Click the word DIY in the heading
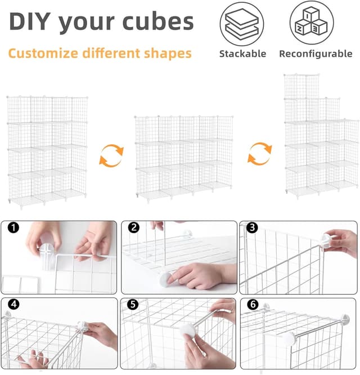[x=30, y=21]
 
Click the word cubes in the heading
[x=158, y=21]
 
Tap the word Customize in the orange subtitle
[x=43, y=53]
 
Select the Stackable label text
[x=242, y=54]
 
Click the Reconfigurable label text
[x=316, y=54]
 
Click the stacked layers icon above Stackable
[x=242, y=24]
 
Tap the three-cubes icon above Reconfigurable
[x=311, y=23]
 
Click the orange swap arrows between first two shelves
[x=111, y=155]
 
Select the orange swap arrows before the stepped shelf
[x=260, y=154]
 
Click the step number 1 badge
[x=13, y=227]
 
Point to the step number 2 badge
[x=133, y=227]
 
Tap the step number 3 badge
[x=252, y=227]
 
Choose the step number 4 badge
[x=13, y=304]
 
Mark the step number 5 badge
[x=133, y=305]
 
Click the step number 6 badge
[x=253, y=305]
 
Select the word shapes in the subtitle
[x=168, y=53]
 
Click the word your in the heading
[x=87, y=23]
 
